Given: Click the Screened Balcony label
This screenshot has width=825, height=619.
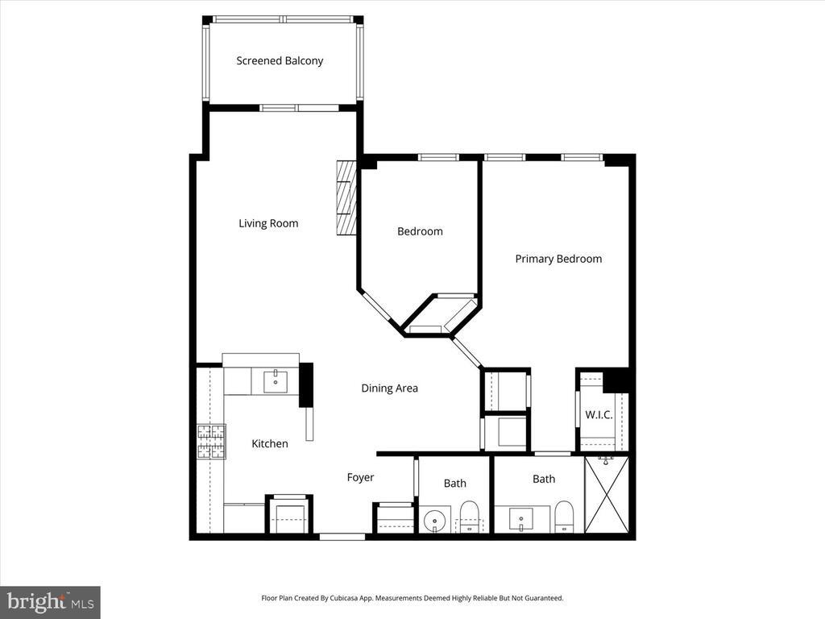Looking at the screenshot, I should (x=280, y=60).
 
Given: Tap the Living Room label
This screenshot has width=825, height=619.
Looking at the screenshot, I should (x=268, y=223).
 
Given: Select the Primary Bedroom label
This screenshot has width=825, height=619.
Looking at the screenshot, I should (x=558, y=259).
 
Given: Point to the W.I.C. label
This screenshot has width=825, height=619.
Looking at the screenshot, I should (x=599, y=415).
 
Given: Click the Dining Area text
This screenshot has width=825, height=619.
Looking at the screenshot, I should (x=389, y=388).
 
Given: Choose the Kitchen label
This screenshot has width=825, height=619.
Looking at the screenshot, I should (x=269, y=443).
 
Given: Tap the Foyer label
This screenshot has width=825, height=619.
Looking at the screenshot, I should (x=360, y=477).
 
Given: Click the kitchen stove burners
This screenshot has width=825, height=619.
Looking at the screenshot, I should (x=211, y=441).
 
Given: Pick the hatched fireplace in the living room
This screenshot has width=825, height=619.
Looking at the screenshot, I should (x=346, y=197).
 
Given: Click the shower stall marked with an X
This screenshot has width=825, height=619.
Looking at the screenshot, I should (x=606, y=495).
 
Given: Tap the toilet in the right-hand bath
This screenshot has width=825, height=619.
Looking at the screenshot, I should (x=564, y=517).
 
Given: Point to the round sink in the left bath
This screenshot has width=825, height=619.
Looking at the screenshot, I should (x=436, y=521).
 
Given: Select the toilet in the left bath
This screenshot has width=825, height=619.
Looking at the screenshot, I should (x=469, y=517).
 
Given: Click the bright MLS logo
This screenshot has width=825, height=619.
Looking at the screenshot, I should (x=50, y=601).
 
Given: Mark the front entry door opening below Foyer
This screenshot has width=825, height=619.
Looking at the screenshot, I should (x=342, y=536).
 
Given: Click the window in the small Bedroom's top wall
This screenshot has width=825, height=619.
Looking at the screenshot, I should (x=438, y=157).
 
